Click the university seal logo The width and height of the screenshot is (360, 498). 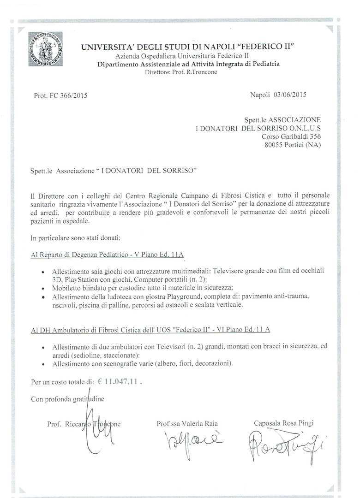point(45,49)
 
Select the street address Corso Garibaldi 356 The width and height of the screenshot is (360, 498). point(291,136)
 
